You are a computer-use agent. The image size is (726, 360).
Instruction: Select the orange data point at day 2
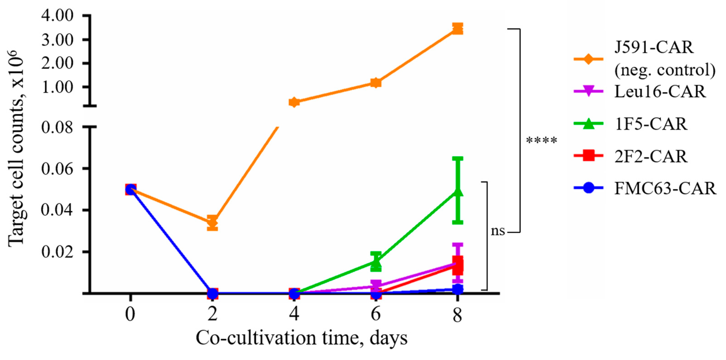(212, 223)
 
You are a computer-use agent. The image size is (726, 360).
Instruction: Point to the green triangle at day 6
(376, 262)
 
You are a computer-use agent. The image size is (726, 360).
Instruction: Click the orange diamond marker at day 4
(294, 102)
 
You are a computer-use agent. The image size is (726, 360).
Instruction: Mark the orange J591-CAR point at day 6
(376, 83)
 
